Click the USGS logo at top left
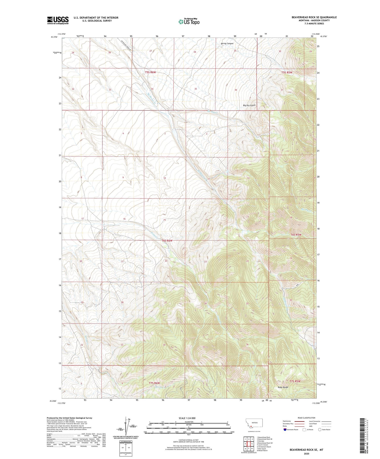click(x=58, y=20)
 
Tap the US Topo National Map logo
click(x=189, y=22)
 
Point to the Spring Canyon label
click(x=227, y=44)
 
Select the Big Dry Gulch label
click(x=249, y=105)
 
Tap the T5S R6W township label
click(x=150, y=72)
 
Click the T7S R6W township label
click(x=154, y=383)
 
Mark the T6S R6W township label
click(x=167, y=241)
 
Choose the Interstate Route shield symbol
click(x=285, y=430)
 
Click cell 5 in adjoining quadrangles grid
click(x=252, y=444)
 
